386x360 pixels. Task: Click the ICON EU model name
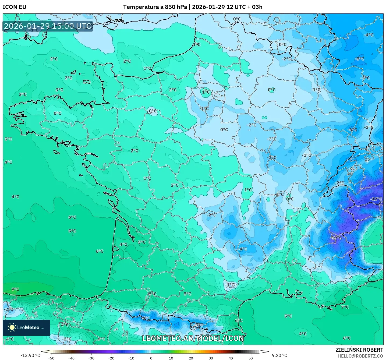pyautogui.click(x=15, y=7)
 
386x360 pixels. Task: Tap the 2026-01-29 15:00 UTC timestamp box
pyautogui.click(x=48, y=26)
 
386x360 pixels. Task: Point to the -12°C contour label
pyautogui.click(x=376, y=199)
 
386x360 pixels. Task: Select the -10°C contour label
pyautogui.click(x=336, y=238)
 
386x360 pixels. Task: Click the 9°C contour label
pyautogui.click(x=15, y=290)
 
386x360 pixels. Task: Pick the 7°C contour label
pyautogui.click(x=345, y=307)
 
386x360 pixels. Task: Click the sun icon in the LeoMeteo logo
pyautogui.click(x=12, y=327)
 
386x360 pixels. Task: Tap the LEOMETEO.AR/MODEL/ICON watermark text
pyautogui.click(x=193, y=338)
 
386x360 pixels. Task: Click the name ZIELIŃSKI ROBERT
pyautogui.click(x=359, y=350)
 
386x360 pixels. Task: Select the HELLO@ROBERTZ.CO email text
pyautogui.click(x=360, y=356)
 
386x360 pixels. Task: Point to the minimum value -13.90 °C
pyautogui.click(x=30, y=355)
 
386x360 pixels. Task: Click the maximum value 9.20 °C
pyautogui.click(x=279, y=355)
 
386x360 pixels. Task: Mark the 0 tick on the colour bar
pyautogui.click(x=151, y=358)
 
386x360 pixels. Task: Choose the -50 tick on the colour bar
pyautogui.click(x=51, y=358)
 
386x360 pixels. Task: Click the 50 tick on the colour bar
pyautogui.click(x=251, y=358)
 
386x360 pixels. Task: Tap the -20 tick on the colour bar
pyautogui.click(x=111, y=358)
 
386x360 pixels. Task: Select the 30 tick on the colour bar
pyautogui.click(x=211, y=358)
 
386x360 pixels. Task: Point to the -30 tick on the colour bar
pyautogui.click(x=91, y=358)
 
